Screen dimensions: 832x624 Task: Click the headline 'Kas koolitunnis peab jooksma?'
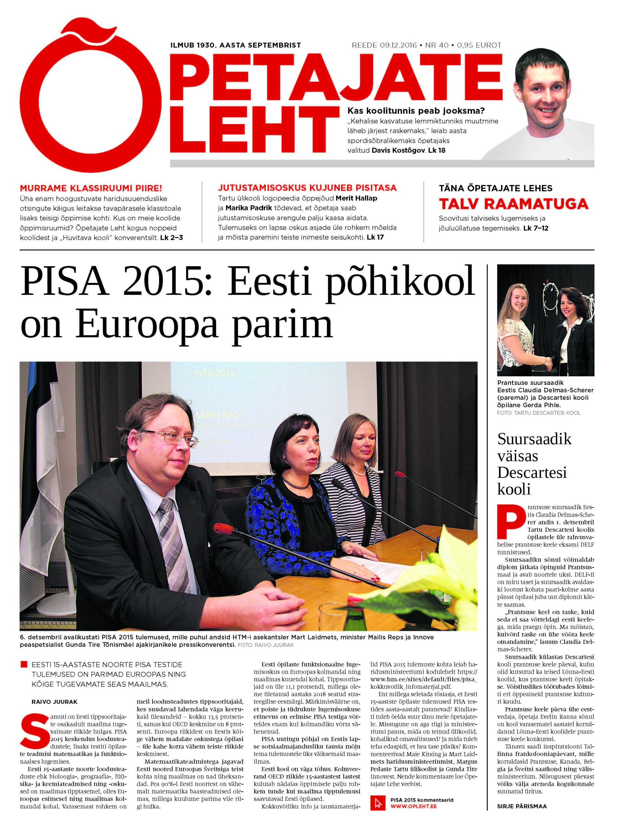point(416,110)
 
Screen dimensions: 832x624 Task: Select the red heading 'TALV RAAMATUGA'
point(513,204)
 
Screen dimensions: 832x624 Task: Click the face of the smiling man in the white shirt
point(550,96)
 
